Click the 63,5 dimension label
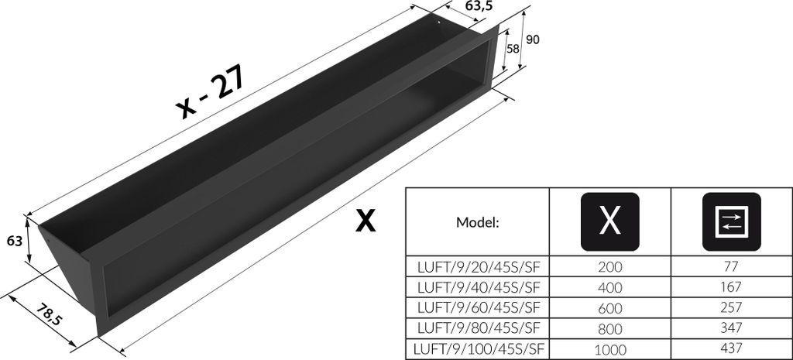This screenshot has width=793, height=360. tap(479, 6)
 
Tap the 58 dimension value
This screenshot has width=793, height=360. tap(513, 49)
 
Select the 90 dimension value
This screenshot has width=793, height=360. tap(533, 39)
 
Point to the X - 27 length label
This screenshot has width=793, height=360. tap(211, 93)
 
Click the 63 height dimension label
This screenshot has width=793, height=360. tap(15, 242)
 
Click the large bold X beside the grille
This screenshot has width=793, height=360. tap(366, 221)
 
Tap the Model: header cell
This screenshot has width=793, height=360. tap(477, 222)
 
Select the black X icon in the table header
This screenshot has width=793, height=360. tap(610, 221)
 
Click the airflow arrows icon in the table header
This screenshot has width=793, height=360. tap(731, 221)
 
